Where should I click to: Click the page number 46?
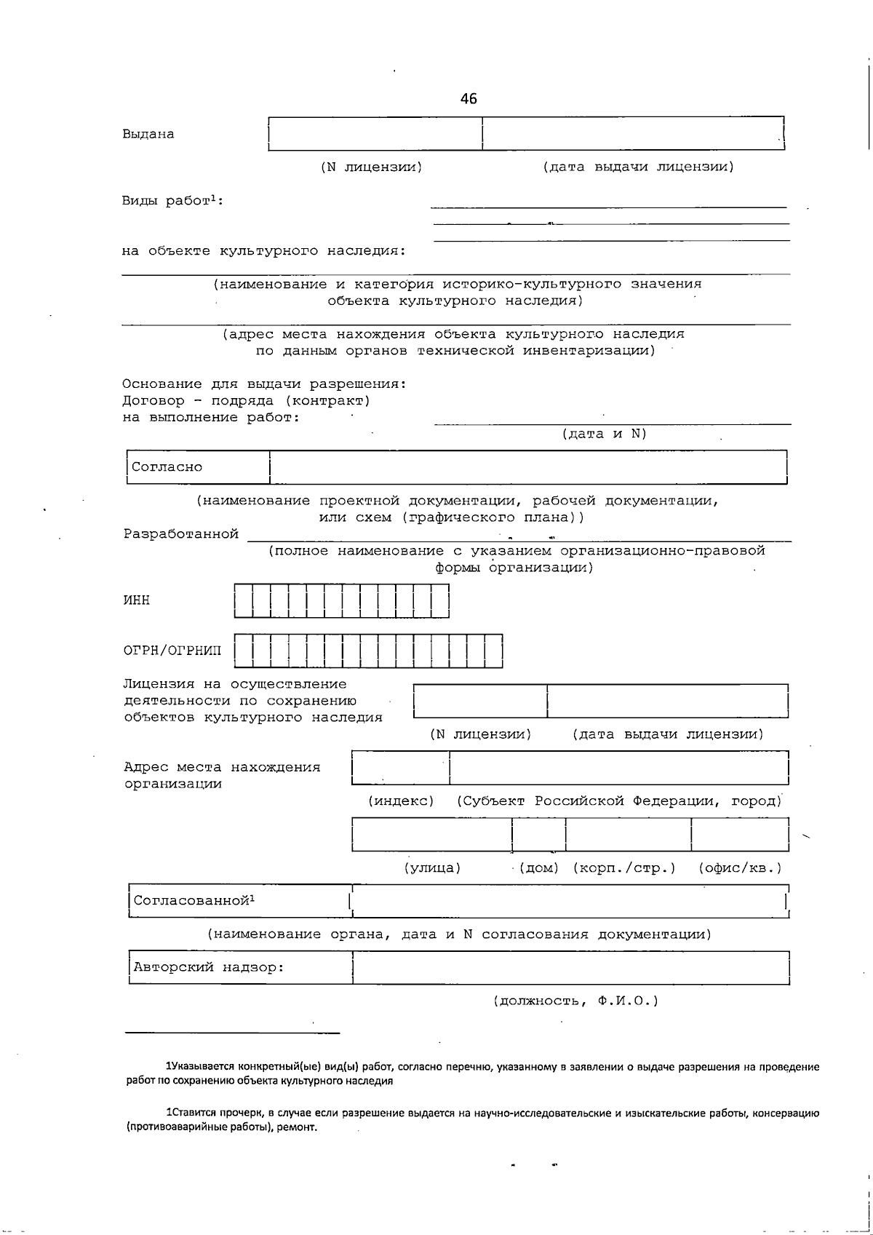click(x=469, y=99)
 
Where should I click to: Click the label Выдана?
click(x=148, y=134)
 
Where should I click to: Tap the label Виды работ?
click(x=172, y=201)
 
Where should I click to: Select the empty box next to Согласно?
click(x=528, y=467)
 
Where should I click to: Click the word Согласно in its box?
click(x=167, y=467)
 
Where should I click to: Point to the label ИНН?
click(x=137, y=600)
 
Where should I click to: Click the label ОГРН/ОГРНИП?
click(x=172, y=651)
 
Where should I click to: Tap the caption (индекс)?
click(x=401, y=801)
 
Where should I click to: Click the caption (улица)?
click(x=432, y=868)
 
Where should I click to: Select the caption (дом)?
click(x=539, y=868)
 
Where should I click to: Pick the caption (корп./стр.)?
click(x=624, y=868)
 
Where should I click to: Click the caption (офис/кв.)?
click(x=740, y=868)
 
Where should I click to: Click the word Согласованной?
click(x=192, y=901)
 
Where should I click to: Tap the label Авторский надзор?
click(x=208, y=968)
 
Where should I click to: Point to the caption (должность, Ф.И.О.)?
click(x=575, y=1001)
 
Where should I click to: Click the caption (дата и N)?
click(x=604, y=434)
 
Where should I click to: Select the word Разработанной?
click(x=181, y=534)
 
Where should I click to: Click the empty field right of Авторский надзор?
click(x=570, y=968)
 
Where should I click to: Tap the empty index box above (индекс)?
click(x=400, y=768)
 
